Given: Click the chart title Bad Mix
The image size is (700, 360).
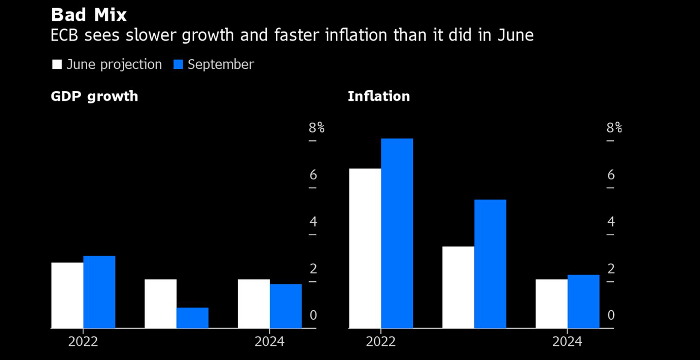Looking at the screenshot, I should tap(88, 15).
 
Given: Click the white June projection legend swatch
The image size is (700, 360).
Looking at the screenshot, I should tap(57, 65).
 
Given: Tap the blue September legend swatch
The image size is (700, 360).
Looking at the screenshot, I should tap(178, 65).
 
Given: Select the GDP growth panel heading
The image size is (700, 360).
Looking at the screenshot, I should tap(94, 96).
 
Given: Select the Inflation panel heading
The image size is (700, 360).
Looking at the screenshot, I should tap(378, 96).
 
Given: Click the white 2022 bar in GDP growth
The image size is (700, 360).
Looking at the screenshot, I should tap(67, 295).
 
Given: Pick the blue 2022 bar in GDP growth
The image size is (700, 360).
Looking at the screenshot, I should tap(99, 292).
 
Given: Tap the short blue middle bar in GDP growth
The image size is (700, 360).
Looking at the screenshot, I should tap(192, 318).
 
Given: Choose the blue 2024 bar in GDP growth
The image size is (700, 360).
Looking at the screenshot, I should tap(286, 306).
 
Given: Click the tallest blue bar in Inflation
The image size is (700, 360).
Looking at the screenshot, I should tap(397, 233).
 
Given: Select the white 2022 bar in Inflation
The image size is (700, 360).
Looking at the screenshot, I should tap(365, 248).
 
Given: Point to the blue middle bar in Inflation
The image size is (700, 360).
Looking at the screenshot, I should tap(490, 264).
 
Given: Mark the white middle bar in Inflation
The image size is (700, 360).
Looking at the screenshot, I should tap(458, 287).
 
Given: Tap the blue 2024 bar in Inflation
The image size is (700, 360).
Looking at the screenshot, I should tap(583, 302).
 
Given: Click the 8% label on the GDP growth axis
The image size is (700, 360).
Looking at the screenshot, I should tap(317, 128).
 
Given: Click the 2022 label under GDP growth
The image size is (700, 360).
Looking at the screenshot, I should tap(83, 342).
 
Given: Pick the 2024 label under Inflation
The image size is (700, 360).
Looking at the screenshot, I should tap(567, 342).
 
